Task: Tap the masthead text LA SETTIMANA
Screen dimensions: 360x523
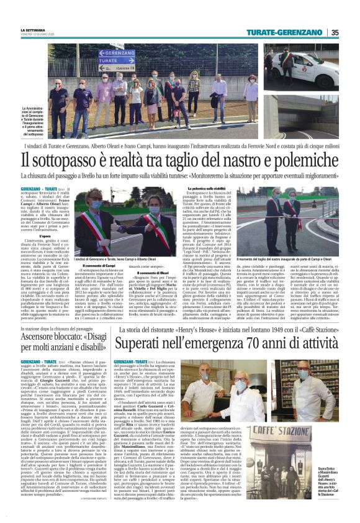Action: click(52, 29)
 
